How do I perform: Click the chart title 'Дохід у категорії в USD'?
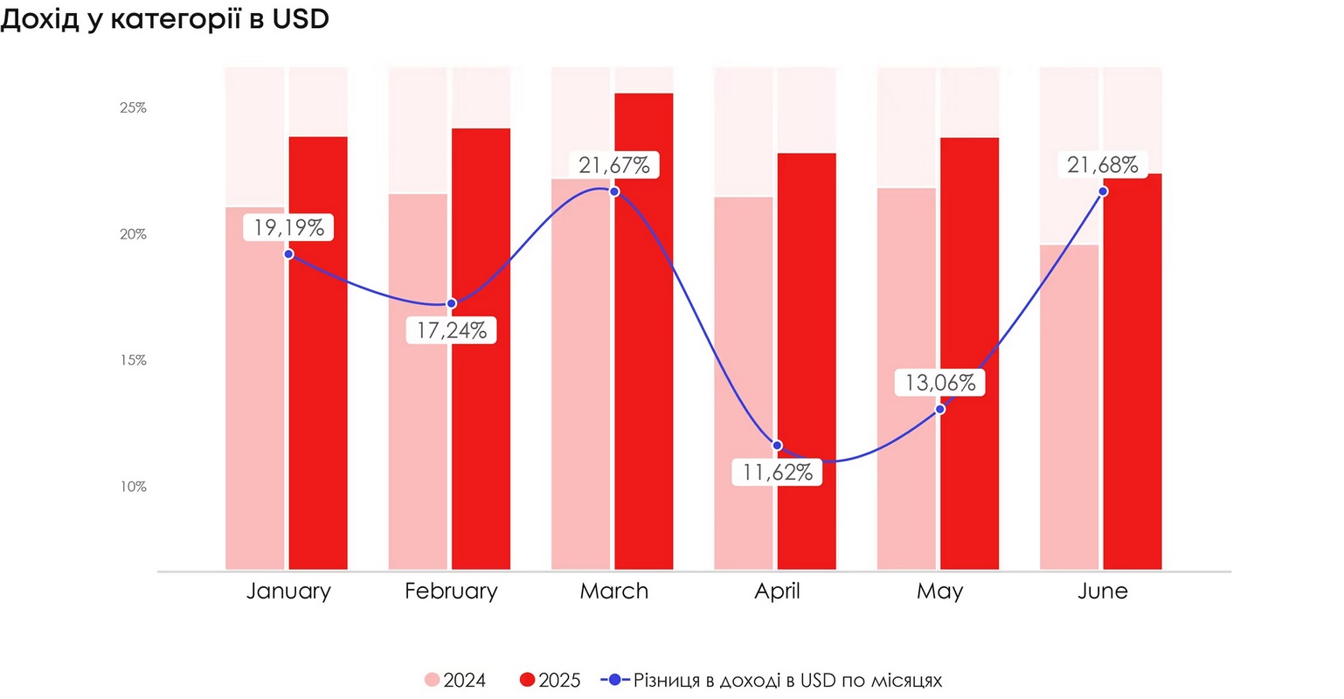164,19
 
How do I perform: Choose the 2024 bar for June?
1069,411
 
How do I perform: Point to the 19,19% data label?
288,228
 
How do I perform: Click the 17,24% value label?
452,330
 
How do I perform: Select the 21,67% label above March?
614,165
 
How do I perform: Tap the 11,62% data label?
777,473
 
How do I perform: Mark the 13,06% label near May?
940,383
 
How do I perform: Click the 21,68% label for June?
1103,164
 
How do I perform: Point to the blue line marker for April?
777,446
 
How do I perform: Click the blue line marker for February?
452,303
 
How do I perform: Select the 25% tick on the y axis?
133,108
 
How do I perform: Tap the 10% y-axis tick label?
133,487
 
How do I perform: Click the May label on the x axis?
940,592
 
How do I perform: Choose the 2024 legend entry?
455,681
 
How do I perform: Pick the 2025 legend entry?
551,681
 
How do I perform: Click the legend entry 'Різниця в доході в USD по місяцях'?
772,681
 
